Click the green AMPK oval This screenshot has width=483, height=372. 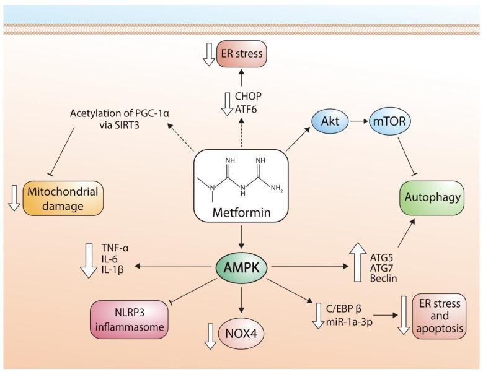(241, 267)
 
